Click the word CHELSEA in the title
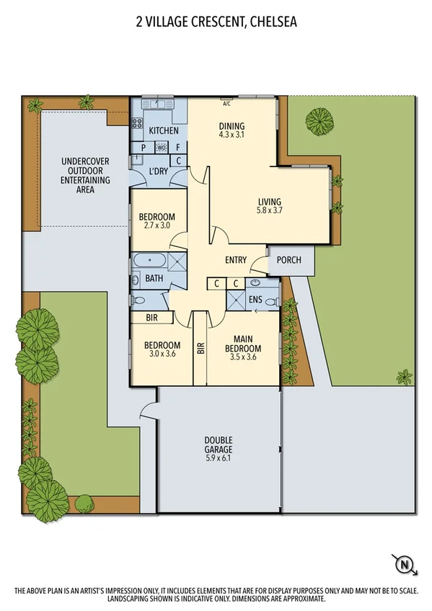(x=272, y=22)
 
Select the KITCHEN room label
(x=163, y=131)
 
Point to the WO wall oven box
(x=162, y=148)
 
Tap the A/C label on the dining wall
(x=226, y=104)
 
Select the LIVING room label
(x=269, y=202)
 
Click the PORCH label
(x=288, y=260)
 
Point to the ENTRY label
(x=235, y=260)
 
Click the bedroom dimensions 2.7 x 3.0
(x=157, y=226)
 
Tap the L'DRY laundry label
(x=159, y=171)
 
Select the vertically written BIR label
(x=200, y=347)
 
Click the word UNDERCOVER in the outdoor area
(x=85, y=161)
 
